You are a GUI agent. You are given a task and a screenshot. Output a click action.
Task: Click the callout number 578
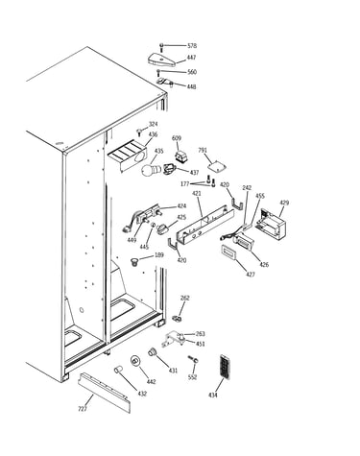[192, 46]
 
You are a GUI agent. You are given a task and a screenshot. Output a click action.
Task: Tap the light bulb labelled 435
[151, 170]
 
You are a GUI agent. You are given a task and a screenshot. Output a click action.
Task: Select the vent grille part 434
[225, 367]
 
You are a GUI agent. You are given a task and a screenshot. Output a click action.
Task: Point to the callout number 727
[83, 409]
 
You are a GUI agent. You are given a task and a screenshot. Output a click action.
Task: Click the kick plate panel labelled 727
[105, 393]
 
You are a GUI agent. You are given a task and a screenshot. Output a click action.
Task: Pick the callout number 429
[284, 203]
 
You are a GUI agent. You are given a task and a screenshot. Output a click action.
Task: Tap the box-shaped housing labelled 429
[272, 224]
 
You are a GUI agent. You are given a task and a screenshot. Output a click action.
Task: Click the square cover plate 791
[216, 167]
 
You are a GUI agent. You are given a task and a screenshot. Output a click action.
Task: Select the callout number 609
[177, 138]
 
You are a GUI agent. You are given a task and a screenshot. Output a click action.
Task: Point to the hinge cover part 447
[162, 60]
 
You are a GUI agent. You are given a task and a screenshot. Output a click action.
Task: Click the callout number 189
[159, 255]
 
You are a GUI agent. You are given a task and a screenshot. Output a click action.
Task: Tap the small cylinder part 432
[118, 370]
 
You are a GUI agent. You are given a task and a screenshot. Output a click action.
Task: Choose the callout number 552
[192, 377]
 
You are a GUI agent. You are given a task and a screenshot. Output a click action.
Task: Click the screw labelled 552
[193, 359]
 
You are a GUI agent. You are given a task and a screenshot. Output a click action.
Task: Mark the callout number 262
[185, 298]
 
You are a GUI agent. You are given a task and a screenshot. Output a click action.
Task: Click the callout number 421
[196, 194]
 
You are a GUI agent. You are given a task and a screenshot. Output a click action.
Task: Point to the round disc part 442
[135, 361]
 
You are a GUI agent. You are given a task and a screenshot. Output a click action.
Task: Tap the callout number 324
[154, 124]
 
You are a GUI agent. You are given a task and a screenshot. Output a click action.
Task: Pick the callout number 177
[185, 183]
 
